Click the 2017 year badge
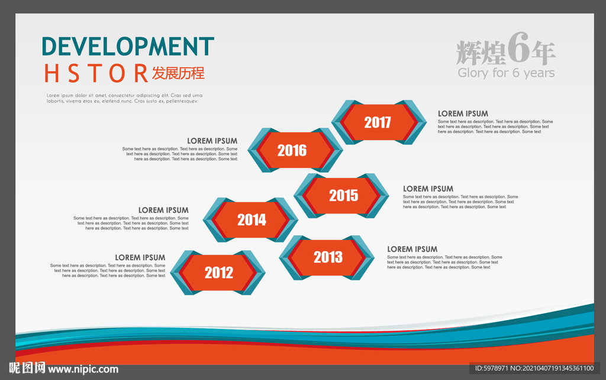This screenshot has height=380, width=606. (x=379, y=122)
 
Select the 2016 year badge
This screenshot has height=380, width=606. (x=295, y=150)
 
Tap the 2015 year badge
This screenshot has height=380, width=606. (x=341, y=196)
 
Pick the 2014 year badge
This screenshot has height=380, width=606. (x=250, y=220)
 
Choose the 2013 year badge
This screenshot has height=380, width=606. (x=327, y=257)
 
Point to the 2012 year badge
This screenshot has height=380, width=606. (x=218, y=273)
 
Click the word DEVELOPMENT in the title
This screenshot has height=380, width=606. (x=128, y=46)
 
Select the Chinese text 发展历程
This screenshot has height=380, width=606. (x=178, y=73)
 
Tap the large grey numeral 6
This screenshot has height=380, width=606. (x=518, y=47)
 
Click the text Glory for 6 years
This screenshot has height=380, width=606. (x=507, y=73)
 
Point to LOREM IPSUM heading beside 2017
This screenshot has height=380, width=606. (x=463, y=114)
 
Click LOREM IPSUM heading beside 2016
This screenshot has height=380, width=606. (x=212, y=141)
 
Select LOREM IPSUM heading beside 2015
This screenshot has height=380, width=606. (x=428, y=189)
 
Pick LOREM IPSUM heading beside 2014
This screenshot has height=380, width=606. (x=163, y=210)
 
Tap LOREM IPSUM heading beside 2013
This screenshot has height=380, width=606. (x=412, y=249)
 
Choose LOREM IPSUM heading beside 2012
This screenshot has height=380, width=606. (x=140, y=258)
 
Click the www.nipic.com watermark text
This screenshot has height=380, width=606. (x=83, y=369)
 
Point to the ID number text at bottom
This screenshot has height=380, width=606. (x=534, y=368)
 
